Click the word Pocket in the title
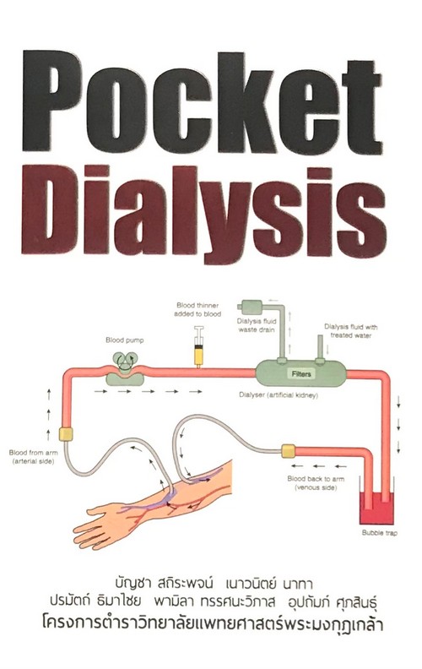click(x=202, y=101)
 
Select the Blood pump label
click(x=124, y=340)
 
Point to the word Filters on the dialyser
click(x=301, y=373)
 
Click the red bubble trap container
click(x=376, y=508)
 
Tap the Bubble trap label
click(x=379, y=533)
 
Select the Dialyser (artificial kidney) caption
click(x=279, y=395)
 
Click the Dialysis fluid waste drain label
click(x=257, y=325)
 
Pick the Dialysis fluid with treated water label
click(x=350, y=331)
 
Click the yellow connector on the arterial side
click(x=66, y=434)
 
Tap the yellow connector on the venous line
click(x=288, y=450)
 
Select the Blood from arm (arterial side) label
click(x=33, y=456)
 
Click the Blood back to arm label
click(x=316, y=483)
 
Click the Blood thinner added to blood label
click(x=197, y=310)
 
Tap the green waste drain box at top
click(x=250, y=306)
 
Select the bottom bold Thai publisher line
click(x=213, y=624)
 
